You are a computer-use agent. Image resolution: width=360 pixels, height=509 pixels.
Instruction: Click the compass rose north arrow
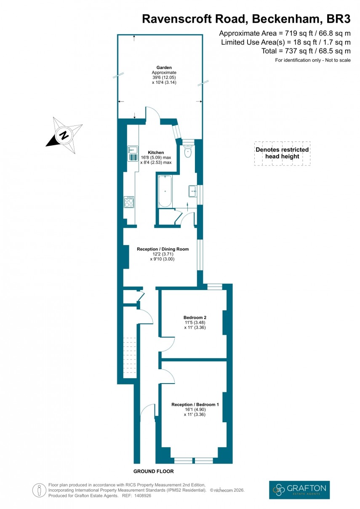(x=64, y=135)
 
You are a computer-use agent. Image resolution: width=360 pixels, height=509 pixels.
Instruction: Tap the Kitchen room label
(x=156, y=152)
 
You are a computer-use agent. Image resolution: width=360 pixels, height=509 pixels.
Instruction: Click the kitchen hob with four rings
(x=129, y=203)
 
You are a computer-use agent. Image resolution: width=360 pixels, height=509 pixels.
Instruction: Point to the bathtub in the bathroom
(x=165, y=192)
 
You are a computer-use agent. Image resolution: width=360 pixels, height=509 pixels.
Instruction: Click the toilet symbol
(x=188, y=151)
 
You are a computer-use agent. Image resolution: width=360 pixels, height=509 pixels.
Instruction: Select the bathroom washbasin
(x=193, y=191)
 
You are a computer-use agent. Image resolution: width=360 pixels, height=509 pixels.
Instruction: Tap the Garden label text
(x=164, y=67)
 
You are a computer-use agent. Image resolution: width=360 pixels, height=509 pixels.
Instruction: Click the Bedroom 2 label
(x=195, y=317)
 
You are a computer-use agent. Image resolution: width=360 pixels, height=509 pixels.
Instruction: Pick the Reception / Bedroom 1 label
(x=195, y=405)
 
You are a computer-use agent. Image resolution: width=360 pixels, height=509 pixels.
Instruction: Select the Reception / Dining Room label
(x=163, y=249)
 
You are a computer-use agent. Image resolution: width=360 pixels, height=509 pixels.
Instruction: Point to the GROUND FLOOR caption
(x=153, y=471)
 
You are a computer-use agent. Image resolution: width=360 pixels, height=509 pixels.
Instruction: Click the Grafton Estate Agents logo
(x=299, y=490)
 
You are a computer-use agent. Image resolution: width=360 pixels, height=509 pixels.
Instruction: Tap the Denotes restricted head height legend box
(x=282, y=153)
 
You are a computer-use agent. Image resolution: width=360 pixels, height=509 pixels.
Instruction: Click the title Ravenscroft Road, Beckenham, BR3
(x=246, y=19)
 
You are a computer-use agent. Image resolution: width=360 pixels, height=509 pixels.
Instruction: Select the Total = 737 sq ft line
(x=306, y=51)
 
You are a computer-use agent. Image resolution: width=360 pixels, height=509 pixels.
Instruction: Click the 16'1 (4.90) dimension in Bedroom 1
(x=195, y=410)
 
